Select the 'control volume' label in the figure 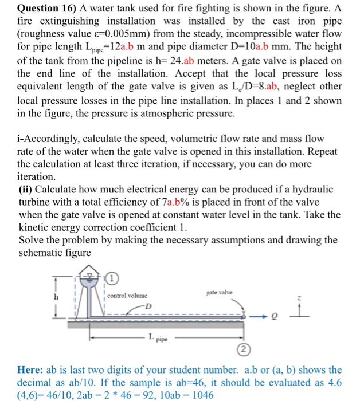(127, 296)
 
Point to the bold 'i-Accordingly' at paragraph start (52, 139)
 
